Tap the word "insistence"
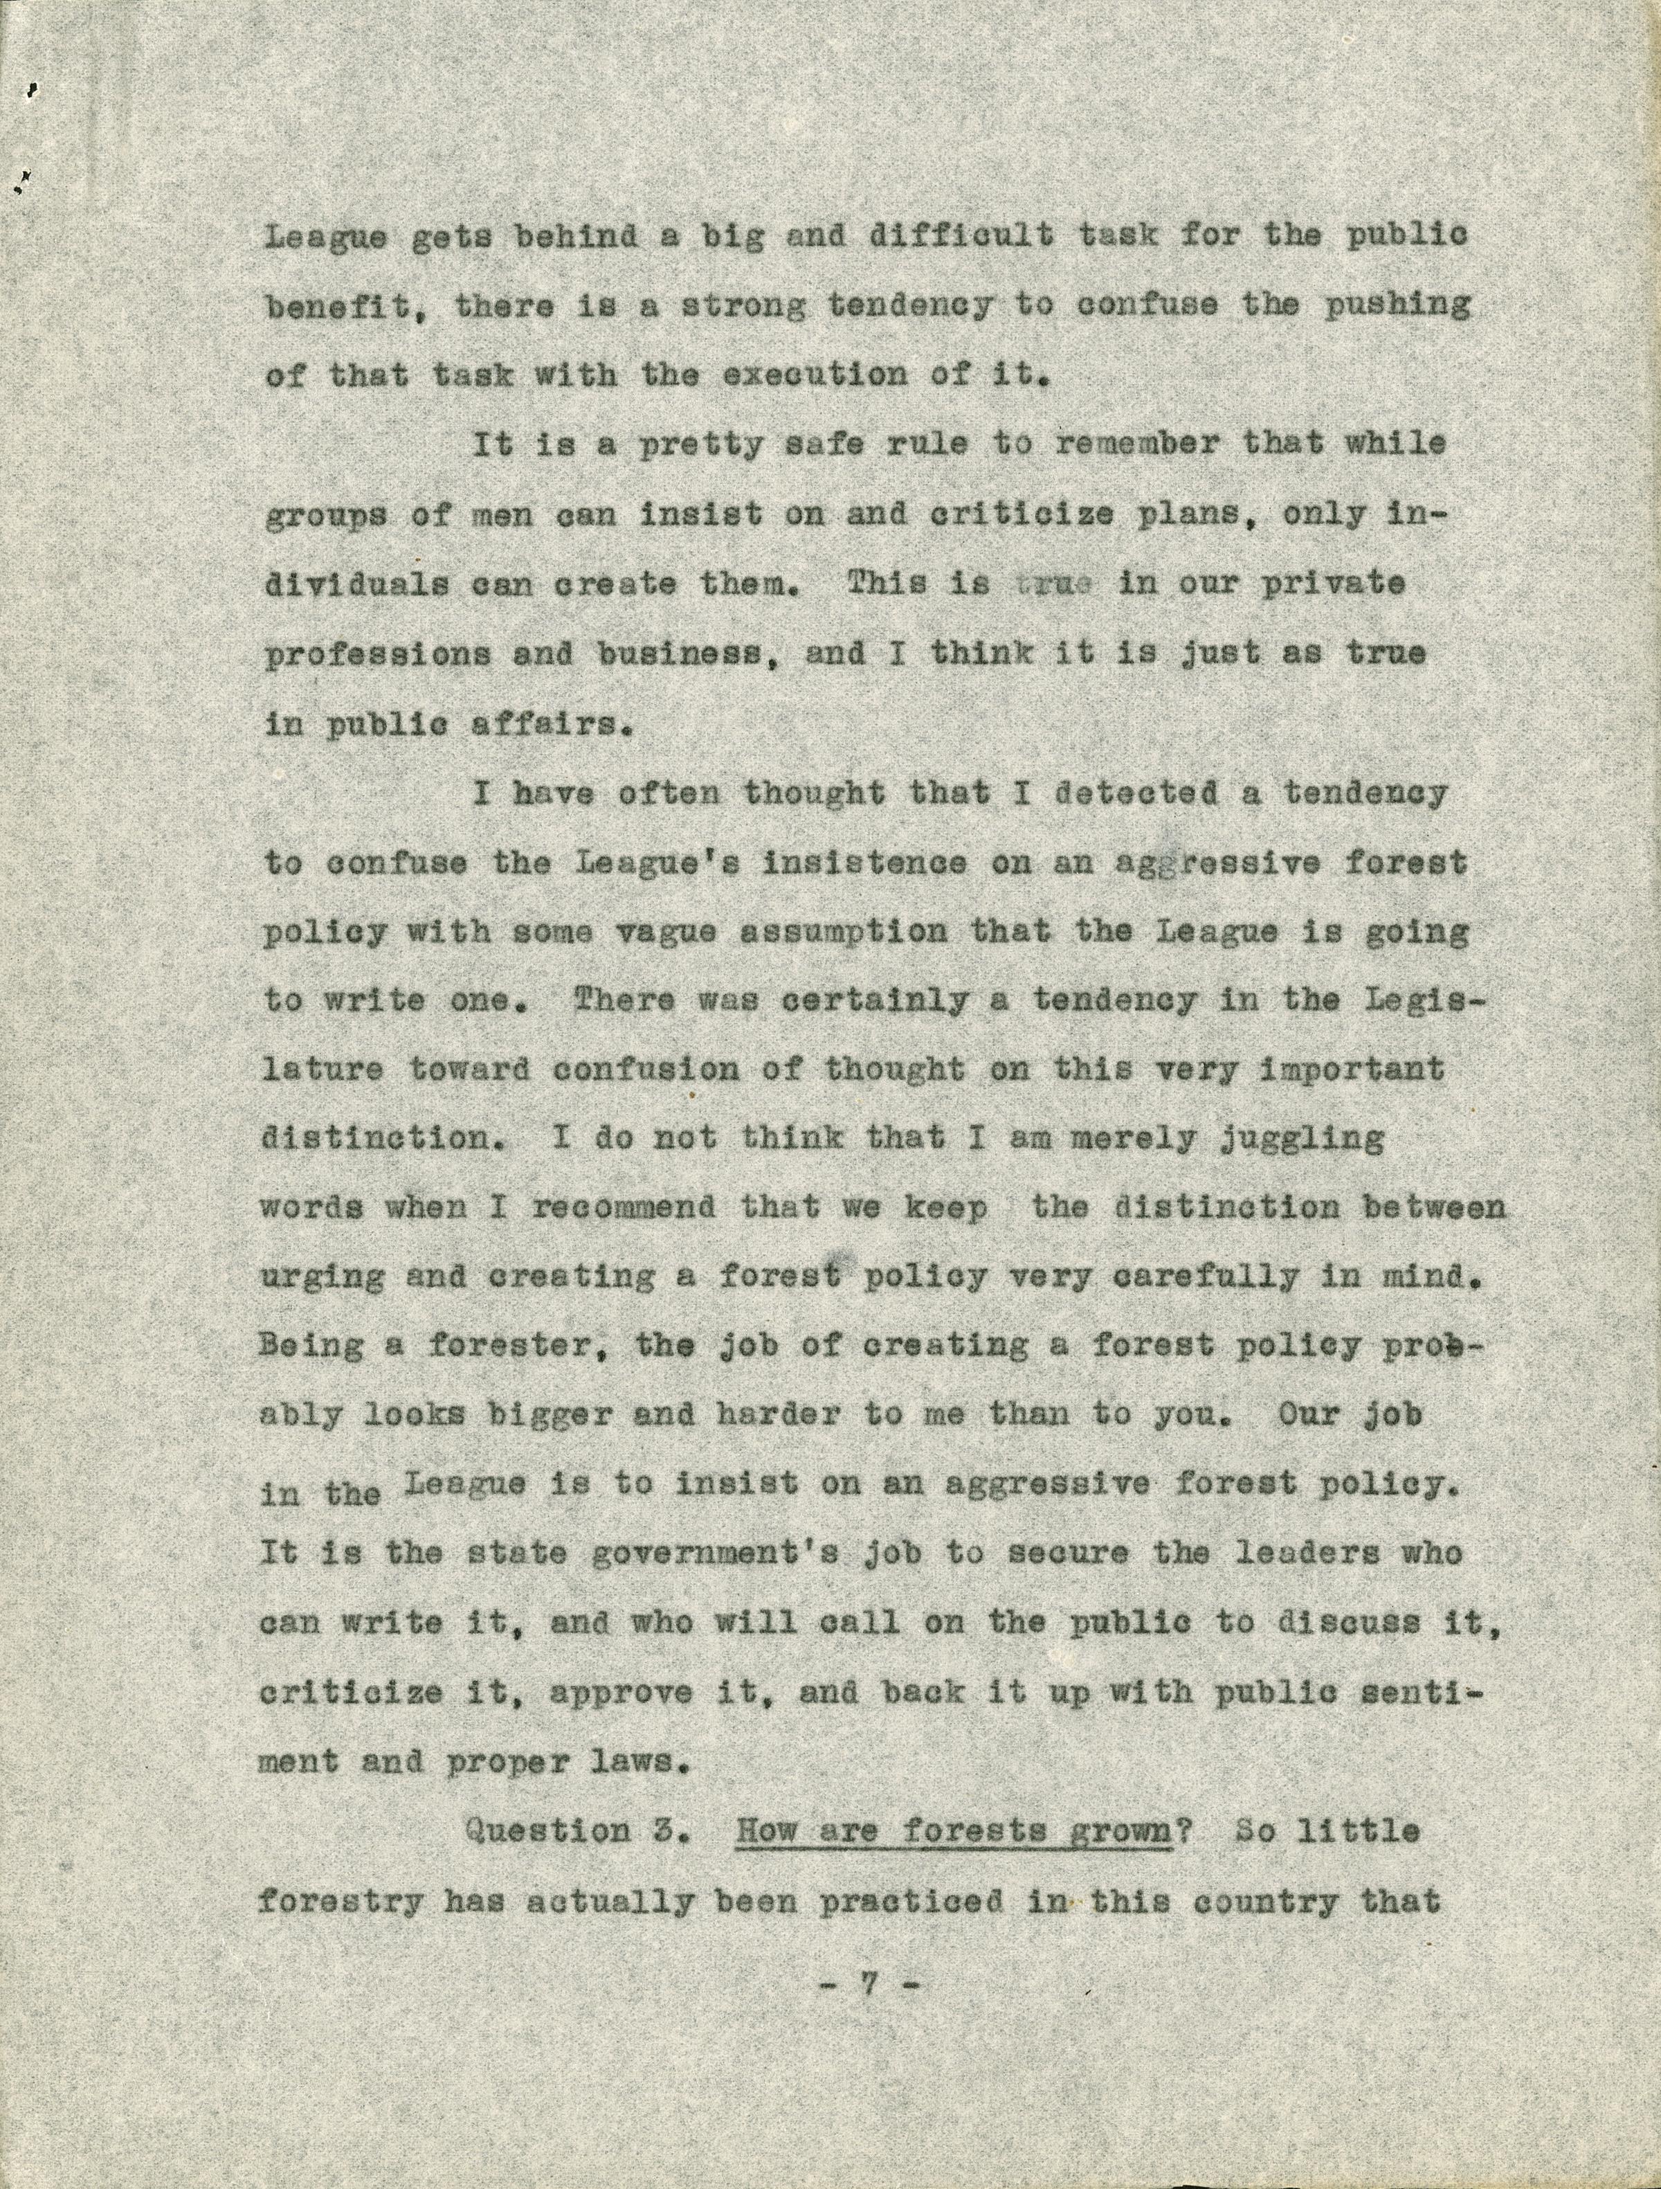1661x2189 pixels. pos(864,863)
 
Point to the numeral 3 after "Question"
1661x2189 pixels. pos(670,1831)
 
